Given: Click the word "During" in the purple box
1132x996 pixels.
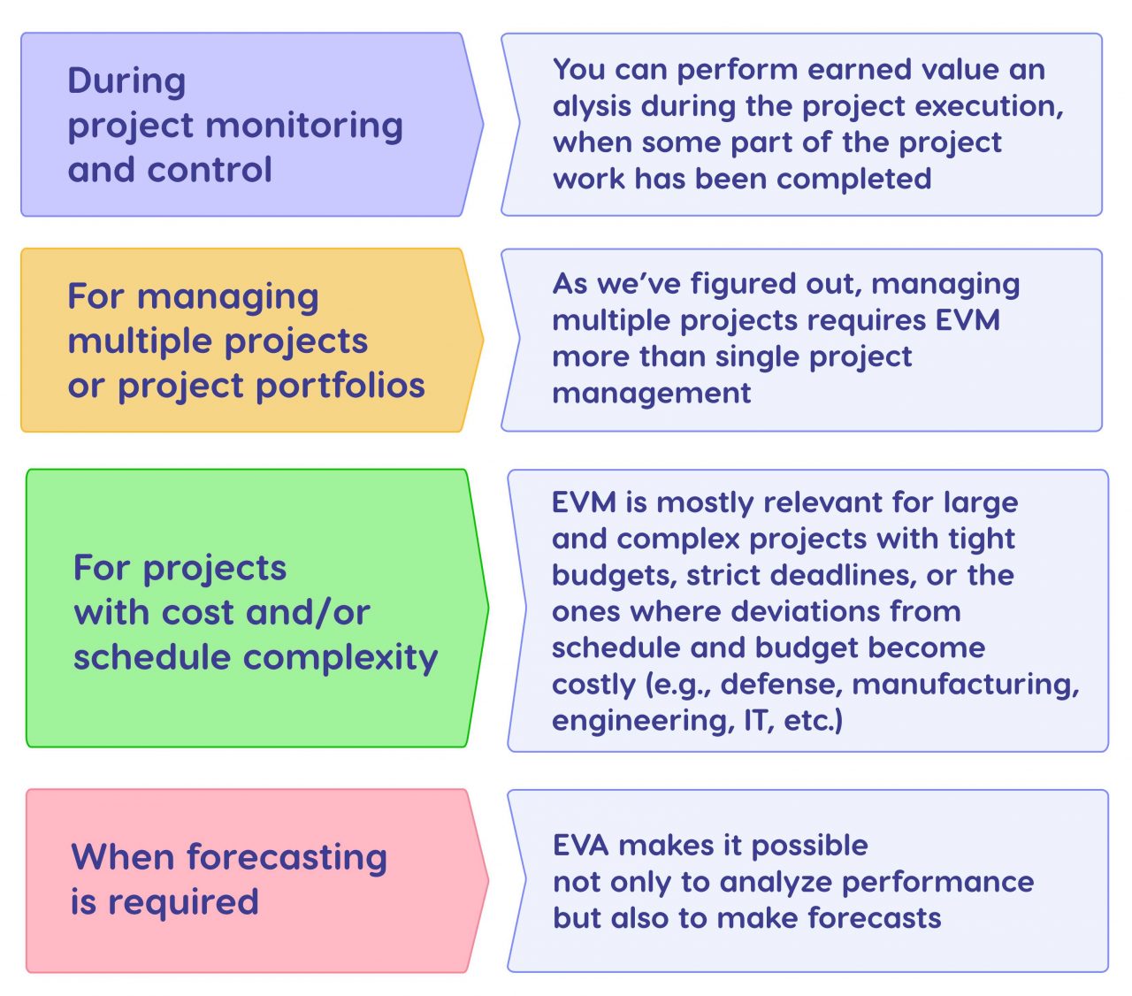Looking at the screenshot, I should pyautogui.click(x=126, y=80).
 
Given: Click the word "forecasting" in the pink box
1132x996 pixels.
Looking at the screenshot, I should pyautogui.click(x=287, y=857).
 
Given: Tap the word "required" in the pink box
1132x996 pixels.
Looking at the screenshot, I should pyautogui.click(x=183, y=902).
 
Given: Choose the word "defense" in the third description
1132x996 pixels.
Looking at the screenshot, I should pyautogui.click(x=780, y=684).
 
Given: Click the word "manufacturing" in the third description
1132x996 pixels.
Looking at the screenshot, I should pyautogui.click(x=966, y=684).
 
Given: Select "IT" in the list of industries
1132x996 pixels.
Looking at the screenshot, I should pyautogui.click(x=757, y=720).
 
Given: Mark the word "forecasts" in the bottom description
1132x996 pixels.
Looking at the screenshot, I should pyautogui.click(x=874, y=917).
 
